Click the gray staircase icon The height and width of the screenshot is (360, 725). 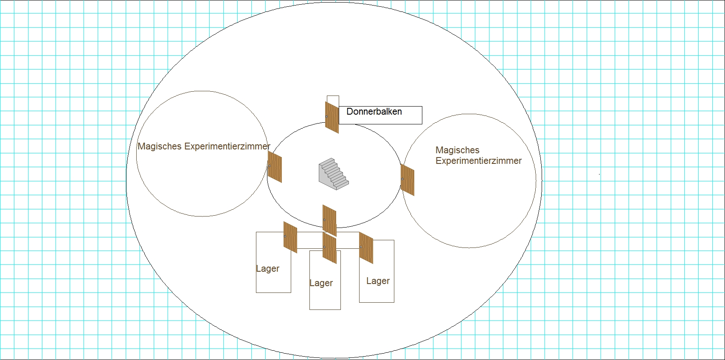[334, 174]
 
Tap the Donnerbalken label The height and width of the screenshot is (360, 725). [374, 112]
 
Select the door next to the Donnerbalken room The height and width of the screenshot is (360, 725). [332, 118]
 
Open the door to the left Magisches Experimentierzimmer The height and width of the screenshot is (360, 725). [275, 167]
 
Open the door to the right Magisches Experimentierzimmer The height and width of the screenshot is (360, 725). [407, 180]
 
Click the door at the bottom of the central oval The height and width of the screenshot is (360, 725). [329, 220]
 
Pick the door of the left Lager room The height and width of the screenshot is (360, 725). [290, 237]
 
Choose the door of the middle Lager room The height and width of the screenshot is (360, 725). [329, 248]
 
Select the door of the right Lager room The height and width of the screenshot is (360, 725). [366, 248]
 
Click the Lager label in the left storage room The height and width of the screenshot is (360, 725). [267, 269]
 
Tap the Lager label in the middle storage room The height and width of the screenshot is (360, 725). [321, 283]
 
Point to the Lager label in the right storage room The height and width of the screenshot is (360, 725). [378, 281]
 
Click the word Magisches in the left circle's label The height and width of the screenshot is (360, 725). [160, 146]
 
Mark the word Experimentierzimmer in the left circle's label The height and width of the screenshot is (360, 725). [227, 146]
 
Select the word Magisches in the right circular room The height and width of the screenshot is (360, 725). [457, 150]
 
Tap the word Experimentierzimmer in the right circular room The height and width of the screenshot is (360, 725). [478, 161]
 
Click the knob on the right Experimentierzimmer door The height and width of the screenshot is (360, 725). [402, 179]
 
